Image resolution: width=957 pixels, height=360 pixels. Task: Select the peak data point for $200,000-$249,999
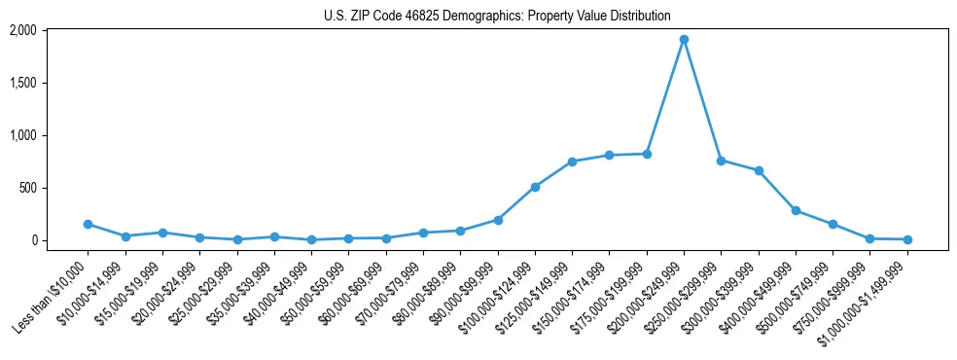coord(684,40)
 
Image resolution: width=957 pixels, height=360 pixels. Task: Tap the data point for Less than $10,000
coord(88,224)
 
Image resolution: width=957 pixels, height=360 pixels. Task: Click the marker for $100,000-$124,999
coord(535,187)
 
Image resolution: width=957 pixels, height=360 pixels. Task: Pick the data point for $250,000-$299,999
coord(721,161)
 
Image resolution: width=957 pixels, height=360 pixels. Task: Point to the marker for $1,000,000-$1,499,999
coord(907,239)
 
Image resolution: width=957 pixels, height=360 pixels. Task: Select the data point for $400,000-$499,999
coord(796,210)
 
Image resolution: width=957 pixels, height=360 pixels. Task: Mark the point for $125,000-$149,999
coord(572,162)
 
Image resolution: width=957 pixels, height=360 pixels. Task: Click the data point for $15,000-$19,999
coord(162,233)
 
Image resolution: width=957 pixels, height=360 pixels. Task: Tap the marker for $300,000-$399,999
coord(759,170)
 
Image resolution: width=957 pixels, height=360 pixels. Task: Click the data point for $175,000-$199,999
coord(647,154)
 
